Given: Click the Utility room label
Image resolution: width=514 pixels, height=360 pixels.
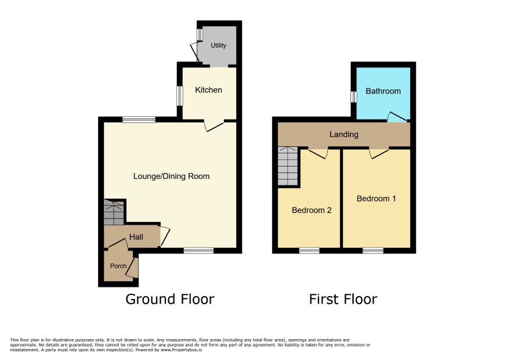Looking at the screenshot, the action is click(x=218, y=45).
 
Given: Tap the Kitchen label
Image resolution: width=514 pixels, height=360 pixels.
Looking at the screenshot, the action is click(x=208, y=90).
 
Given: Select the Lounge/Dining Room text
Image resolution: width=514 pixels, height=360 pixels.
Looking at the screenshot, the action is click(x=172, y=177).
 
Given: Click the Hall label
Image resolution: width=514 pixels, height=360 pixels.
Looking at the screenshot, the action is click(x=136, y=237).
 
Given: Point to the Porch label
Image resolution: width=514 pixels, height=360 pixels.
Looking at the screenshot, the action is click(x=118, y=266).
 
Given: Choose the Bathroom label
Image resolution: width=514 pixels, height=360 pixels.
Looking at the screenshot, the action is click(x=383, y=91).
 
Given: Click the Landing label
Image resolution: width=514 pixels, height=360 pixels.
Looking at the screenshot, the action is click(x=344, y=134).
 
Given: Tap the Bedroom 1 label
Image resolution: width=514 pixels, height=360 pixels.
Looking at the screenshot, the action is click(x=377, y=199).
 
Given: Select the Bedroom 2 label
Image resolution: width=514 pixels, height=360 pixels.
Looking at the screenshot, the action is click(x=312, y=210).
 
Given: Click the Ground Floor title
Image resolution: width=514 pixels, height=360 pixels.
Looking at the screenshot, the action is click(x=170, y=299).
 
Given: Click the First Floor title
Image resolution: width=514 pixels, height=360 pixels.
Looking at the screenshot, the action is click(x=343, y=299).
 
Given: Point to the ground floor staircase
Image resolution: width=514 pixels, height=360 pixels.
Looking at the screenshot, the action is click(x=114, y=212).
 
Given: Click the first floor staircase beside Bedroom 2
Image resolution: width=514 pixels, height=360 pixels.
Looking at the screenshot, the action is click(x=288, y=166).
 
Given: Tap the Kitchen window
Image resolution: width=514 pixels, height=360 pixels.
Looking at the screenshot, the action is click(x=180, y=96).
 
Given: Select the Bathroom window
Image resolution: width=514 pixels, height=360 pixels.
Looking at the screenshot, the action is click(x=353, y=97).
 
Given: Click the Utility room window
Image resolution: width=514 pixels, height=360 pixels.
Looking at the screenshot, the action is click(x=200, y=35).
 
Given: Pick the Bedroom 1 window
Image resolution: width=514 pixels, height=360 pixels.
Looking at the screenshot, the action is click(x=373, y=251).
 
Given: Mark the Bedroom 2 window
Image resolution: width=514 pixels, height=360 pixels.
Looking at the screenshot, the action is click(x=309, y=251).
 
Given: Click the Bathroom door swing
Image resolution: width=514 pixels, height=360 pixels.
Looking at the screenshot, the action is click(x=397, y=117).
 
